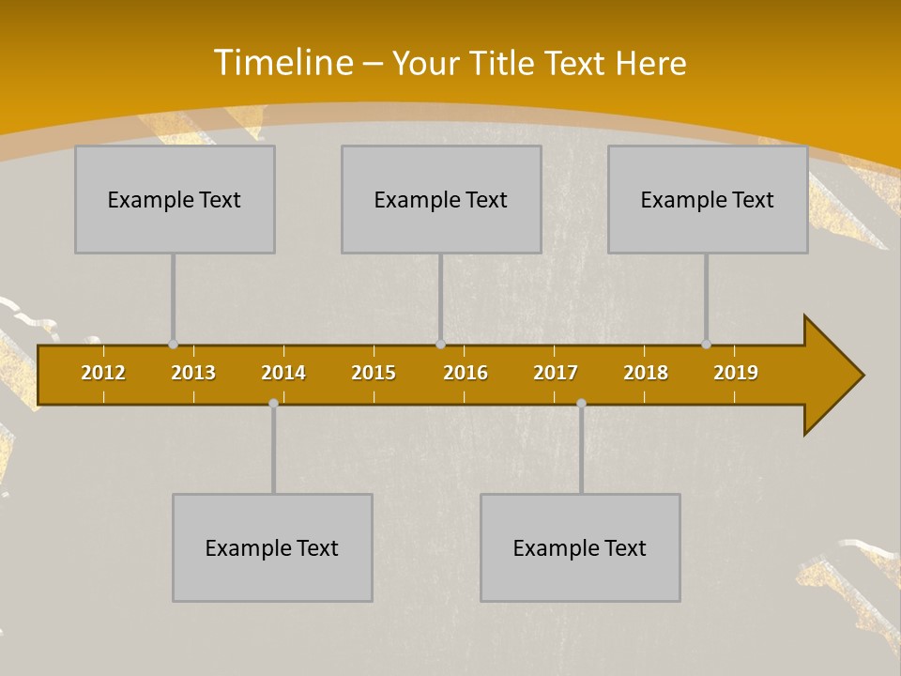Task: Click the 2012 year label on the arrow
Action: tap(103, 373)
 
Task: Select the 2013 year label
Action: tap(193, 373)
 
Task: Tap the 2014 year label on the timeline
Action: tap(283, 373)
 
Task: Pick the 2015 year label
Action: tap(374, 373)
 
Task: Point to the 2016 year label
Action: tap(466, 373)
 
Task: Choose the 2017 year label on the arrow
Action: tap(556, 373)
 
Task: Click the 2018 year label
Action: tap(646, 373)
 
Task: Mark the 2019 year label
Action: tap(736, 373)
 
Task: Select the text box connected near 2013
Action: tap(175, 199)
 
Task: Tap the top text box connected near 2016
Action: tap(441, 199)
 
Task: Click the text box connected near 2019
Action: tap(708, 199)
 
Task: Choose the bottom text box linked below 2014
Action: tap(272, 547)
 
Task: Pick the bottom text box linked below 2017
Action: tap(580, 547)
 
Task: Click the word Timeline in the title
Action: tap(283, 63)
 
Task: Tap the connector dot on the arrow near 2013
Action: tap(173, 345)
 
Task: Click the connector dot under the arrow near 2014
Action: tap(273, 403)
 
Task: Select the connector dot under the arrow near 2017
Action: tap(581, 403)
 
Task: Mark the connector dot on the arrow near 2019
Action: tap(706, 345)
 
